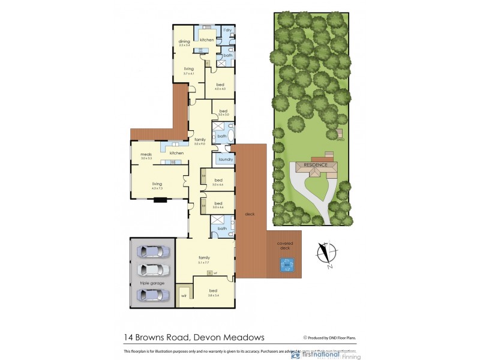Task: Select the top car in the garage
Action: (154, 251)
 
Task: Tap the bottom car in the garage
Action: (154, 294)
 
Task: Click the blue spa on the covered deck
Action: (286, 265)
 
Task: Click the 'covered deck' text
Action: (285, 245)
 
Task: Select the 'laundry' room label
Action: (226, 159)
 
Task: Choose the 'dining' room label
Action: (184, 42)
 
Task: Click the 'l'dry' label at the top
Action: (227, 31)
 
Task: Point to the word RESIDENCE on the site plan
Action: (316, 164)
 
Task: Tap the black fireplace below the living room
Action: (160, 200)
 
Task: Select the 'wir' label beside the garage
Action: (184, 295)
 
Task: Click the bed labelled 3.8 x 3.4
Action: (214, 294)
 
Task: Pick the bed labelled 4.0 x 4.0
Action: (220, 86)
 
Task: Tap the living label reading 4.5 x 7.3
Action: (157, 185)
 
